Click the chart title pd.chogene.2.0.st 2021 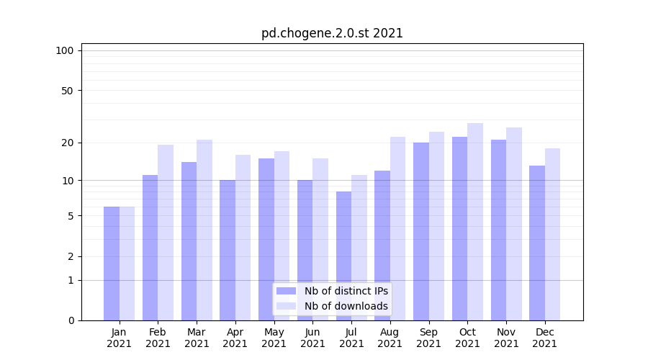(332, 33)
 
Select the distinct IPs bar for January (112, 264)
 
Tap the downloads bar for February (166, 233)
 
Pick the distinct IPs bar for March (189, 241)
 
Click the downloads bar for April (243, 238)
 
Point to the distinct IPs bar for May (266, 239)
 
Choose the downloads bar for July (359, 248)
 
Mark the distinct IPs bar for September (421, 231)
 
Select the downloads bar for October (475, 222)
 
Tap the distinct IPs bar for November (498, 230)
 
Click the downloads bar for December (553, 234)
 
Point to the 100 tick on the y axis (65, 50)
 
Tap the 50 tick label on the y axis (68, 91)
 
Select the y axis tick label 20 (68, 143)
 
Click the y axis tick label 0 (71, 320)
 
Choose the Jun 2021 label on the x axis (312, 338)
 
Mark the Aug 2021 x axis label (390, 338)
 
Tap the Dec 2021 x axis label (545, 338)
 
